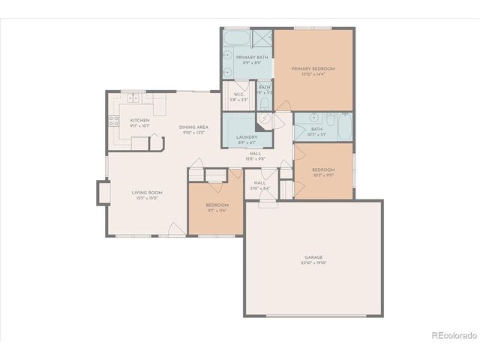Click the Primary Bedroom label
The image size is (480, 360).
click(x=313, y=68)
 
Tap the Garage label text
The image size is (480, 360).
click(x=313, y=257)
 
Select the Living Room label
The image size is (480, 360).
click(x=147, y=193)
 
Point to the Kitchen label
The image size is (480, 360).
click(x=139, y=120)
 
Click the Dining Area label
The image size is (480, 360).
click(x=193, y=127)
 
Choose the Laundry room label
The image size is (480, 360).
click(x=247, y=136)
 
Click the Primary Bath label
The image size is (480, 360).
click(x=251, y=58)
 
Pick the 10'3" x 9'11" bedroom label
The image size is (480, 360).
click(x=323, y=169)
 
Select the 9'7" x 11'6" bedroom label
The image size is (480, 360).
click(x=217, y=205)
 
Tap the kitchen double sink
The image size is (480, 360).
click(x=134, y=97)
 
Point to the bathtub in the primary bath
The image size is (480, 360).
click(x=238, y=37)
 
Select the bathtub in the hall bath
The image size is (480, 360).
click(x=343, y=127)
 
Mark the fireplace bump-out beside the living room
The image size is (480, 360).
click(x=100, y=193)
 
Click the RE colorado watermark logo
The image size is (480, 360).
click(x=451, y=335)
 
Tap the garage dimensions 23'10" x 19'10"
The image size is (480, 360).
click(x=313, y=263)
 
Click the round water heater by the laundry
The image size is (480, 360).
click(x=265, y=124)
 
